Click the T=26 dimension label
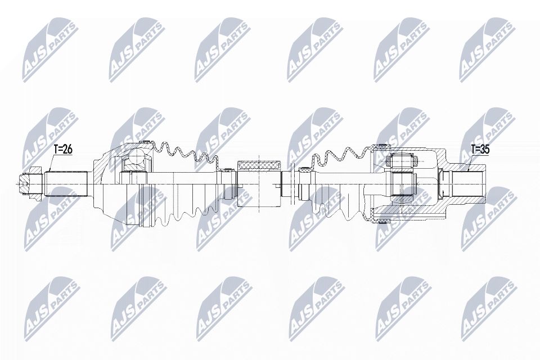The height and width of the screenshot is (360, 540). [x=64, y=150]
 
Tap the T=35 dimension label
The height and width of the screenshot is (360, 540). [x=480, y=149]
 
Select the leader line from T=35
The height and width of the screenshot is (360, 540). [x=468, y=164]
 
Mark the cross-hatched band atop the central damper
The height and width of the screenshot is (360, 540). [x=259, y=165]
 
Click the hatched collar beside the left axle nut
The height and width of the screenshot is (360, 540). [x=36, y=182]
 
